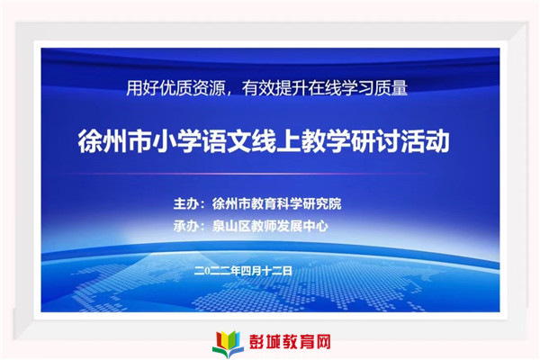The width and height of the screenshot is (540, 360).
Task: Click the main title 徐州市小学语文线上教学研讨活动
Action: tap(264, 141)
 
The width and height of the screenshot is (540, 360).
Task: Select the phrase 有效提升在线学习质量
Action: tap(325, 88)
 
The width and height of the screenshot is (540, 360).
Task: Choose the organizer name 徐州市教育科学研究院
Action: tap(277, 203)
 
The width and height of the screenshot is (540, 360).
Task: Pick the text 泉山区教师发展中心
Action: tap(270, 226)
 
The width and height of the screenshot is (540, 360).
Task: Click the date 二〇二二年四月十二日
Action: tap(243, 271)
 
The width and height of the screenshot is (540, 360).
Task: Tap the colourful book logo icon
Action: tap(228, 343)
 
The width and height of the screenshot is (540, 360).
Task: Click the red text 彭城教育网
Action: tap(290, 342)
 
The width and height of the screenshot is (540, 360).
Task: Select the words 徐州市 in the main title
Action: tap(114, 141)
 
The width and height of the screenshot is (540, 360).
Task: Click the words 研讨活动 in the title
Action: tap(400, 141)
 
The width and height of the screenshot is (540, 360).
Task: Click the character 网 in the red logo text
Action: tap(322, 342)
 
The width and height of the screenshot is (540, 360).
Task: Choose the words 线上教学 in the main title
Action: tap(301, 141)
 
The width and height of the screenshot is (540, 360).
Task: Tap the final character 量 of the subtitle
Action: tap(400, 88)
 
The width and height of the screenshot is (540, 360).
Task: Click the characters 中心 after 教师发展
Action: tap(316, 226)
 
